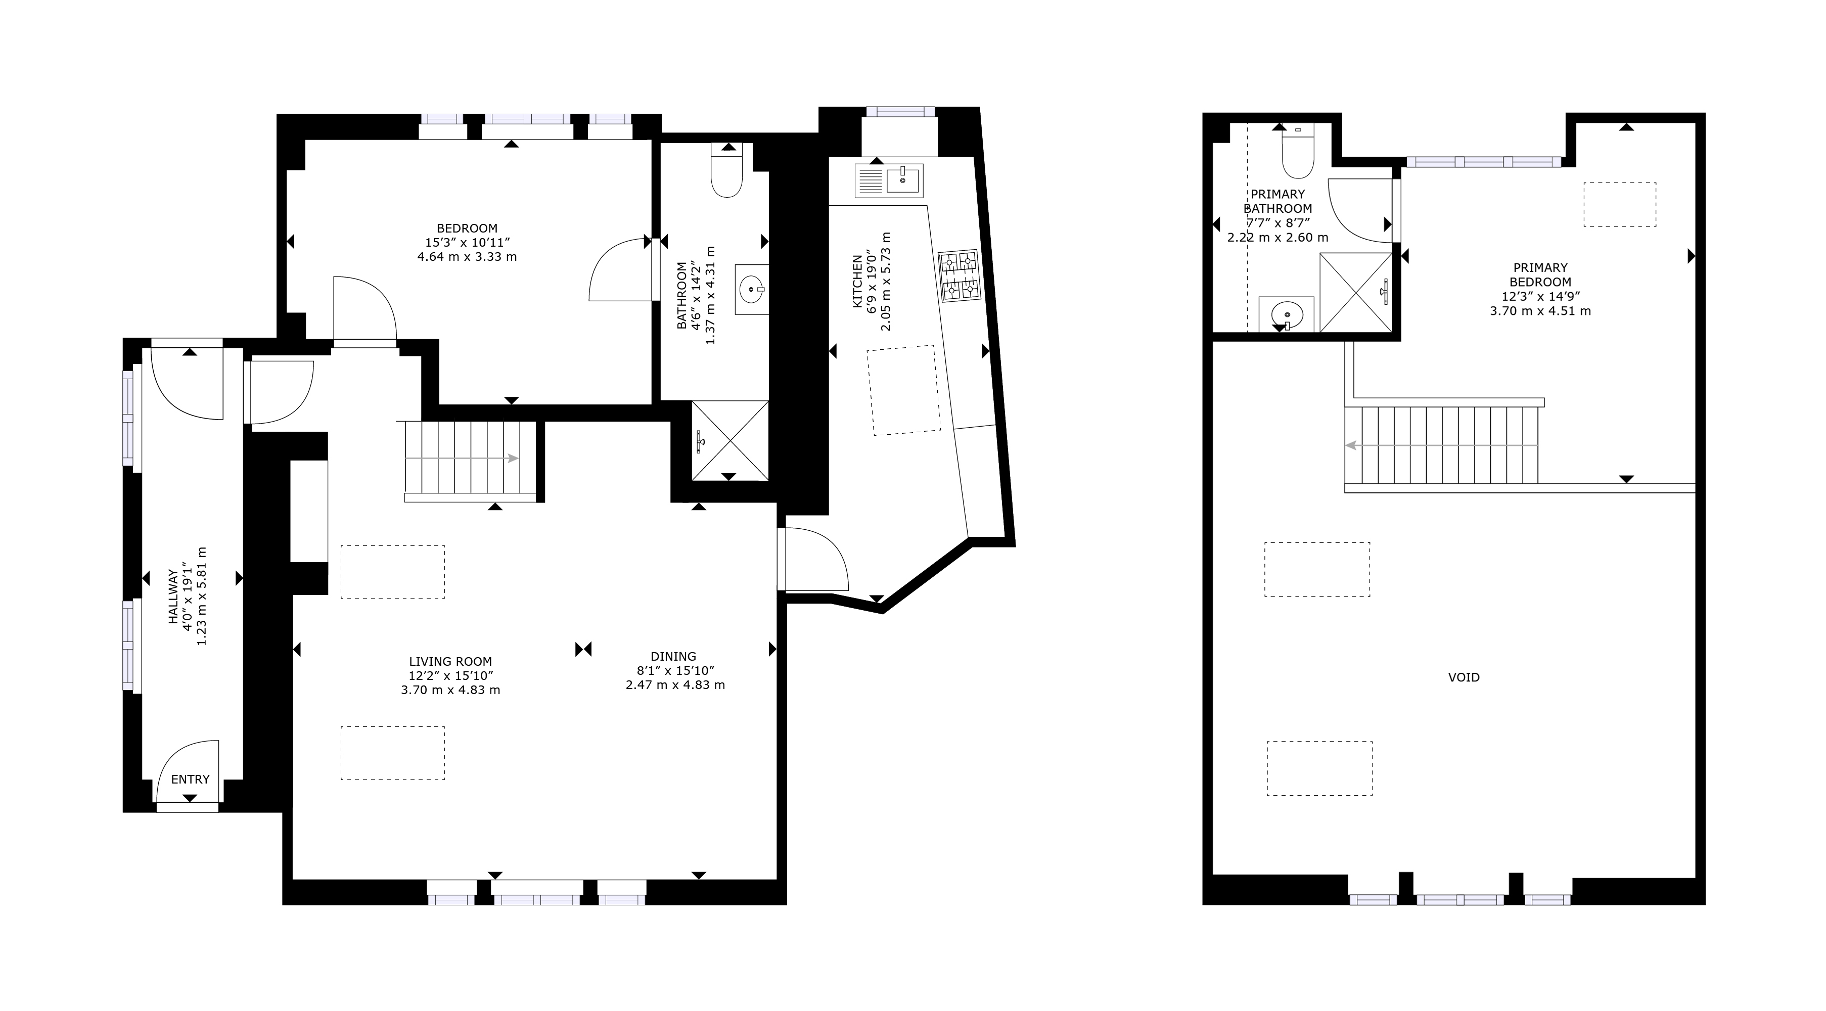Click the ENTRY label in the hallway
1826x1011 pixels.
(x=190, y=779)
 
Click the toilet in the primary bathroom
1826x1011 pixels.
(x=1298, y=150)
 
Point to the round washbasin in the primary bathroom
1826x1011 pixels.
(x=1286, y=314)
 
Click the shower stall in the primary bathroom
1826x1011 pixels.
(x=1355, y=292)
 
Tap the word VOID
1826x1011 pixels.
(x=1464, y=677)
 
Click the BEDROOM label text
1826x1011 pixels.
(x=467, y=228)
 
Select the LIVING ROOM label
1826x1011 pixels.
(x=450, y=662)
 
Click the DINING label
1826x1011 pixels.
(x=673, y=657)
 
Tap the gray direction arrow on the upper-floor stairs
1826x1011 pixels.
(x=1441, y=445)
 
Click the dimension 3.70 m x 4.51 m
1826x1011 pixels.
(x=1540, y=310)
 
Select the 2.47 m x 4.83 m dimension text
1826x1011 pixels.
(x=675, y=685)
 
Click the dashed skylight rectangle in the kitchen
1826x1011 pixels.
(x=904, y=390)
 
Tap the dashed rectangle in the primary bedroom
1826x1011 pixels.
(x=1620, y=205)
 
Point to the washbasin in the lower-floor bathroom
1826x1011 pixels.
(x=751, y=289)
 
